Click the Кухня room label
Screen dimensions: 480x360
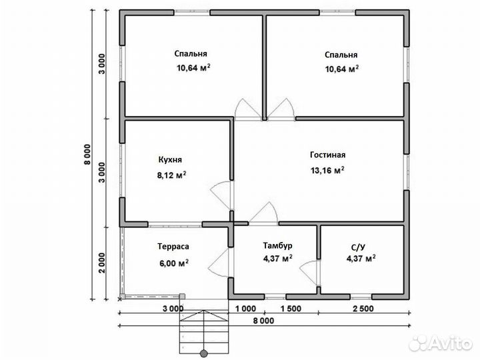coord(170,159)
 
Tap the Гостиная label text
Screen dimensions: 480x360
coord(327,155)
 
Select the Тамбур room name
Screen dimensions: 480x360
coord(277,245)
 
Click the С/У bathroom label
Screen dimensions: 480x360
coord(359,247)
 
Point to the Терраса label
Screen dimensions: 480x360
coord(173,247)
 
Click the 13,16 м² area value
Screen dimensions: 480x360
coord(327,170)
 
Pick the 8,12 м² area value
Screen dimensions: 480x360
coord(172,175)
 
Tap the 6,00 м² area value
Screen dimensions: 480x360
coord(173,263)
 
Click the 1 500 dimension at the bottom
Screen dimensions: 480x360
coord(291,309)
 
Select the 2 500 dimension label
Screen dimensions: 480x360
coord(363,309)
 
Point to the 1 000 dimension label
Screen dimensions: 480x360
coord(245,309)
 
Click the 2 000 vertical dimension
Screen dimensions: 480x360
coord(102,263)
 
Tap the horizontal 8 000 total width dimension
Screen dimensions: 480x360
coord(263,321)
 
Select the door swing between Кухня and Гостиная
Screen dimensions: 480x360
coord(221,195)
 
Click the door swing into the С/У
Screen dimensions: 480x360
coord(309,273)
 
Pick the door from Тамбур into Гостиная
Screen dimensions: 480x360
coord(264,213)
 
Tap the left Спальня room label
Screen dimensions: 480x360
coord(191,53)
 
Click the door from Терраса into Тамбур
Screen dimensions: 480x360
coord(219,263)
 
